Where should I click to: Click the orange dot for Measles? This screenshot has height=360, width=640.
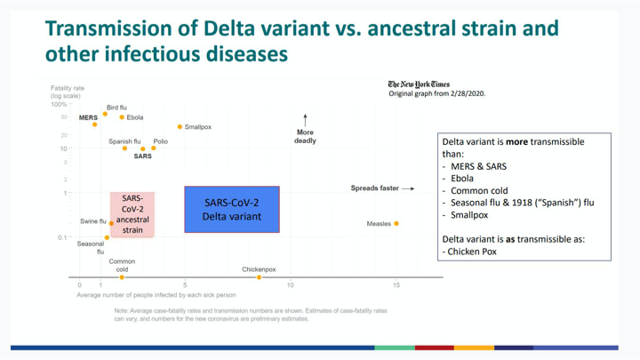(x=396, y=224)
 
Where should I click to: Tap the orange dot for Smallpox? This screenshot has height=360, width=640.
(x=180, y=127)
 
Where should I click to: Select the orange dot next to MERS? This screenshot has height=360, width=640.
(x=95, y=124)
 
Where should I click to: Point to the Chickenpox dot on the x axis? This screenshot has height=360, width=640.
(x=260, y=277)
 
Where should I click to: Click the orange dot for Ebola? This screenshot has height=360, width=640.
(x=122, y=117)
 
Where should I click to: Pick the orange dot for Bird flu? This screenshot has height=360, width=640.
(x=105, y=114)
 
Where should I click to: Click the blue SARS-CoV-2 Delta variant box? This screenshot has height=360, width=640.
(x=232, y=210)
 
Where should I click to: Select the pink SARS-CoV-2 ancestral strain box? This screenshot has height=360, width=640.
(x=132, y=214)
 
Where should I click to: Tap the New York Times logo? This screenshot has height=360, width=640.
(x=419, y=84)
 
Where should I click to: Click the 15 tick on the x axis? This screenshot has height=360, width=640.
(x=396, y=285)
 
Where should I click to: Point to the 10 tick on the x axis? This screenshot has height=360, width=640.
(x=291, y=285)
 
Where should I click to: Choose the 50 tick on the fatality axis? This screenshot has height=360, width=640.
(x=64, y=117)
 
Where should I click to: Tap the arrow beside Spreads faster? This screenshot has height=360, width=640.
(x=408, y=188)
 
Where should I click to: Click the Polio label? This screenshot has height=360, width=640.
(x=160, y=141)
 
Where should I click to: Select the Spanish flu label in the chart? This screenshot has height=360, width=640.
(x=124, y=141)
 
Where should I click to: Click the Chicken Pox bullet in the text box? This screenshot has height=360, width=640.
(x=472, y=252)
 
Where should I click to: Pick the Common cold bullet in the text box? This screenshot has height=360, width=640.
(x=481, y=190)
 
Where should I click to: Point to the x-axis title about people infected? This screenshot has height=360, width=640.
(x=156, y=295)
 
